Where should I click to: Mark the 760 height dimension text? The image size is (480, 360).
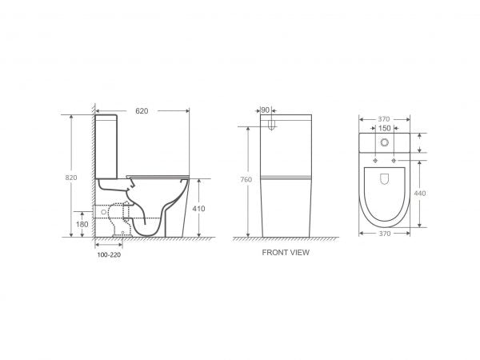[246, 181]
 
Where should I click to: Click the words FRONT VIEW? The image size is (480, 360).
[286, 252]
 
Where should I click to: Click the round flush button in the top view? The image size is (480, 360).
[386, 144]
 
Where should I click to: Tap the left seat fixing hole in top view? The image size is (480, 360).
[374, 162]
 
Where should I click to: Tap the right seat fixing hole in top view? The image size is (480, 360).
[395, 162]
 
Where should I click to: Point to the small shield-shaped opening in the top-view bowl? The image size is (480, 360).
[385, 182]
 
